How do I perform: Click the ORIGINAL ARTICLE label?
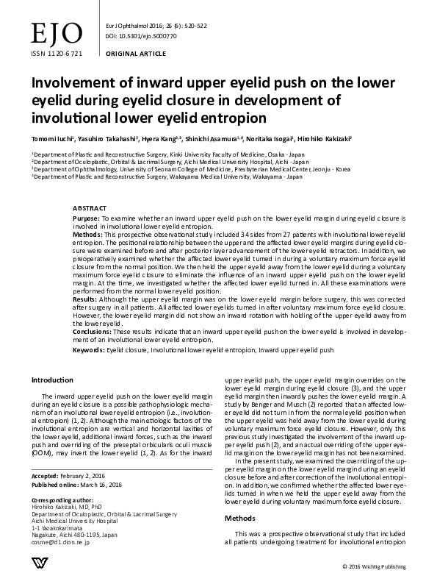tap(135, 54)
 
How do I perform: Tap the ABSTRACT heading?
tap(90, 209)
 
